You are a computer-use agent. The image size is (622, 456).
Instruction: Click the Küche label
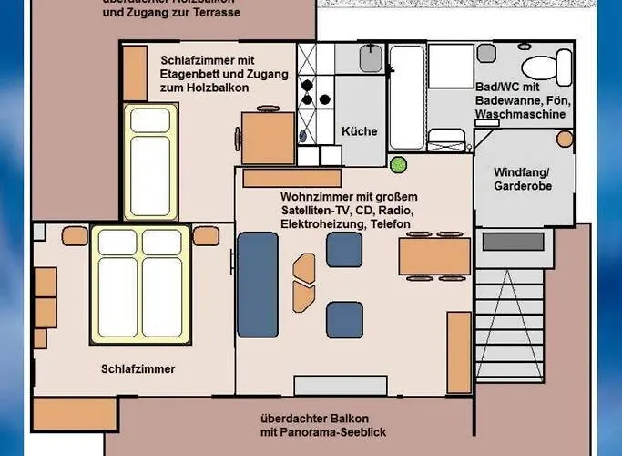359,131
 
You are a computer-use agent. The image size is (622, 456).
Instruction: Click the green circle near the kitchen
397,165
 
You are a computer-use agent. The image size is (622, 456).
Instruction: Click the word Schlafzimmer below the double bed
138,369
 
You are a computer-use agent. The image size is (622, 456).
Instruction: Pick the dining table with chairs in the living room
434,257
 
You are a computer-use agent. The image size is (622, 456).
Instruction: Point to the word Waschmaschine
520,115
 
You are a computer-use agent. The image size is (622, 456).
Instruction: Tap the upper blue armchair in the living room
344,249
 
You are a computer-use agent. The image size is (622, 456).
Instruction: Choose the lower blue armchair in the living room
344,319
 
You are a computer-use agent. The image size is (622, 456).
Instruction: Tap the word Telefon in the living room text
385,224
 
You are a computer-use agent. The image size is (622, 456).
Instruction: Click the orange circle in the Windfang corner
566,139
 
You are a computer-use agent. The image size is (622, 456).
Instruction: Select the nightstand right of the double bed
206,236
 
